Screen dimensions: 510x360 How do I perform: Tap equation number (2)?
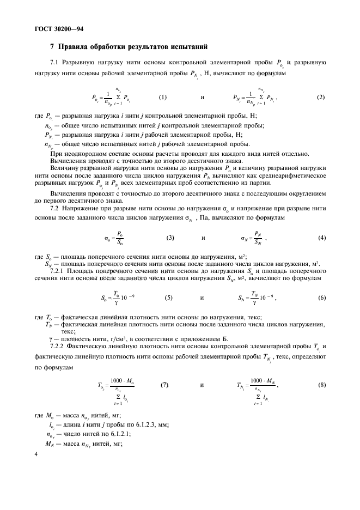click(x=320, y=98)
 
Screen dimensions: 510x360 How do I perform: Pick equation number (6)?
click(x=321, y=298)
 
